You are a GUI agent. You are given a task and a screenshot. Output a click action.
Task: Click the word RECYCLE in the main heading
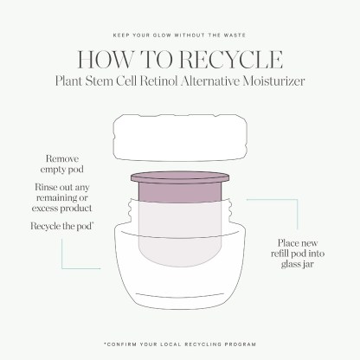click(x=231, y=60)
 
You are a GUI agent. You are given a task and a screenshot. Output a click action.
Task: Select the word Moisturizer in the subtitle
click(x=273, y=80)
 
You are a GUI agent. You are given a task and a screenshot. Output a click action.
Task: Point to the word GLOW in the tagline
click(x=160, y=35)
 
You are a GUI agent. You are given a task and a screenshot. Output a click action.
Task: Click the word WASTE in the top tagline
click(x=235, y=35)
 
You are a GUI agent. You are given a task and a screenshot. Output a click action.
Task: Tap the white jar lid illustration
click(x=181, y=138)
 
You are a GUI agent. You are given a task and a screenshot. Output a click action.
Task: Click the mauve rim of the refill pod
click(x=180, y=177)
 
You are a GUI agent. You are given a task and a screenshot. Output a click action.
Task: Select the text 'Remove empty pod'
click(x=62, y=164)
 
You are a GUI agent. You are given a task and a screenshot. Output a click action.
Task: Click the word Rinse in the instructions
click(x=44, y=187)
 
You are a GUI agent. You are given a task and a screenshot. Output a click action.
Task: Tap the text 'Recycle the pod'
click(x=61, y=226)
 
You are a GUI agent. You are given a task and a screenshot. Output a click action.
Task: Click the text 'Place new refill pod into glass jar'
click(x=298, y=254)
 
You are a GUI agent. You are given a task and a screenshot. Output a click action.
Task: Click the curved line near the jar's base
click(x=180, y=295)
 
